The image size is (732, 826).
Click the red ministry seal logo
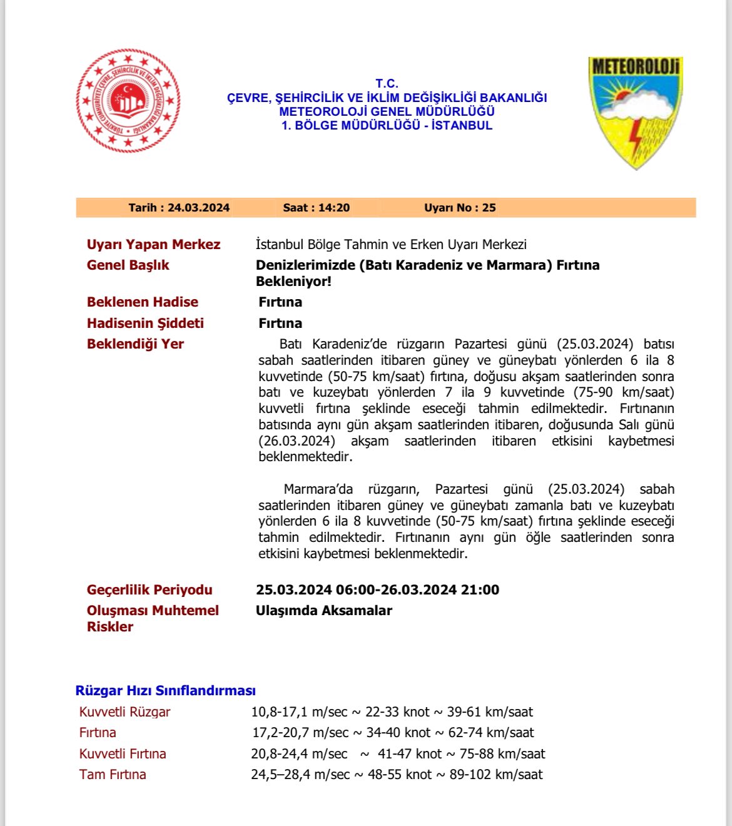(128, 101)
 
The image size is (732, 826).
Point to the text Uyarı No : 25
(460, 208)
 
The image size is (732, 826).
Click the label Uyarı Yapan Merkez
(153, 245)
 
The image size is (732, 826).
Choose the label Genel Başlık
(128, 265)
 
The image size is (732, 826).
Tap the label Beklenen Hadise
(142, 302)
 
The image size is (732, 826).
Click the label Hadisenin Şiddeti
(145, 324)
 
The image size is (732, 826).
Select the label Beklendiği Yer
(135, 344)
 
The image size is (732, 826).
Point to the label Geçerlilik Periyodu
(150, 590)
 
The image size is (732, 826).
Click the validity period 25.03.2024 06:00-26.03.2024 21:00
(377, 590)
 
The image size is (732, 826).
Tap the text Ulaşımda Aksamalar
(323, 611)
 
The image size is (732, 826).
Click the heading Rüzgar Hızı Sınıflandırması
(165, 691)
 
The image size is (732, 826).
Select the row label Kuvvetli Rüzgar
(125, 712)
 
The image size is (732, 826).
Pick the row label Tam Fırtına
(113, 775)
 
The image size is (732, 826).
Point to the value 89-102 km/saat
(496, 775)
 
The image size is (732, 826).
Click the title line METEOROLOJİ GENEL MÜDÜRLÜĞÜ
(387, 111)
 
